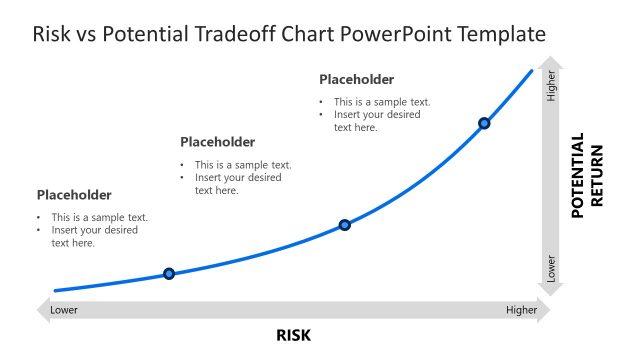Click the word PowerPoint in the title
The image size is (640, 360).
[398, 34]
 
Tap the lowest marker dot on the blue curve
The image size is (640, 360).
[169, 273]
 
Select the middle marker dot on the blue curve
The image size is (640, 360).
[345, 225]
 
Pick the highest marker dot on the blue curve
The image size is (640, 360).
[484, 123]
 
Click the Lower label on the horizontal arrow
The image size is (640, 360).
[64, 310]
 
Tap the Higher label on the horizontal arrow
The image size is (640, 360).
[521, 310]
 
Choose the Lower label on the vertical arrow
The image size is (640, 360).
[551, 268]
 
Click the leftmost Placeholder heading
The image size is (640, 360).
[74, 195]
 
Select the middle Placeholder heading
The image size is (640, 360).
[217, 142]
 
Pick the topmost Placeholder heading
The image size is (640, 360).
[356, 79]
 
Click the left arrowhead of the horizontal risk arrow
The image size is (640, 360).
[42, 310]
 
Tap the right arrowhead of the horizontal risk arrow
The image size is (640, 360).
[544, 310]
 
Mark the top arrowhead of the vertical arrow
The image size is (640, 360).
[551, 63]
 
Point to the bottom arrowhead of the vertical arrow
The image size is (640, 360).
[551, 290]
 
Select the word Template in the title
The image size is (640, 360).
[500, 34]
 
